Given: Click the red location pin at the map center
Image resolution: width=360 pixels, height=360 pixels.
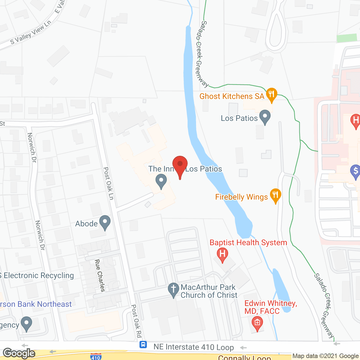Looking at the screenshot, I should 180,165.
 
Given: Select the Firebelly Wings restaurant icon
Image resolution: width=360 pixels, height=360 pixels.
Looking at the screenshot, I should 275,195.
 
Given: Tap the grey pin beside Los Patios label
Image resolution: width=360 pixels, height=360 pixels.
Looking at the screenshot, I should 265,116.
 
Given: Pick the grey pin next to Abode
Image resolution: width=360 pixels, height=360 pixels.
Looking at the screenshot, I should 105,222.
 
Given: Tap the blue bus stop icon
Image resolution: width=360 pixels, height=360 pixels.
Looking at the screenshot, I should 143,344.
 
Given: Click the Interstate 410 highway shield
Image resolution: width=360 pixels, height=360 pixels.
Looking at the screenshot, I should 96,357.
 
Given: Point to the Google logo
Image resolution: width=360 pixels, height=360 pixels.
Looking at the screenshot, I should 19,353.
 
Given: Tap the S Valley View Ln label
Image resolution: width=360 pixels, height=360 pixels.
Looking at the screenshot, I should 31,33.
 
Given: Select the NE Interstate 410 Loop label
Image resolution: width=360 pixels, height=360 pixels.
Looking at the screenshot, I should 193,347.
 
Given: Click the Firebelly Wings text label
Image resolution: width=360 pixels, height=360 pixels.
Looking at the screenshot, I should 241,197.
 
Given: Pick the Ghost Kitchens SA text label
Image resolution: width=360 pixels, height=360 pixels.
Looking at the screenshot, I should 232,96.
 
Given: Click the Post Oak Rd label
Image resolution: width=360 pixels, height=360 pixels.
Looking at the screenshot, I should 136,321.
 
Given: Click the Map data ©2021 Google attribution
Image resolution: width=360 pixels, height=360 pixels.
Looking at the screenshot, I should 325,356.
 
